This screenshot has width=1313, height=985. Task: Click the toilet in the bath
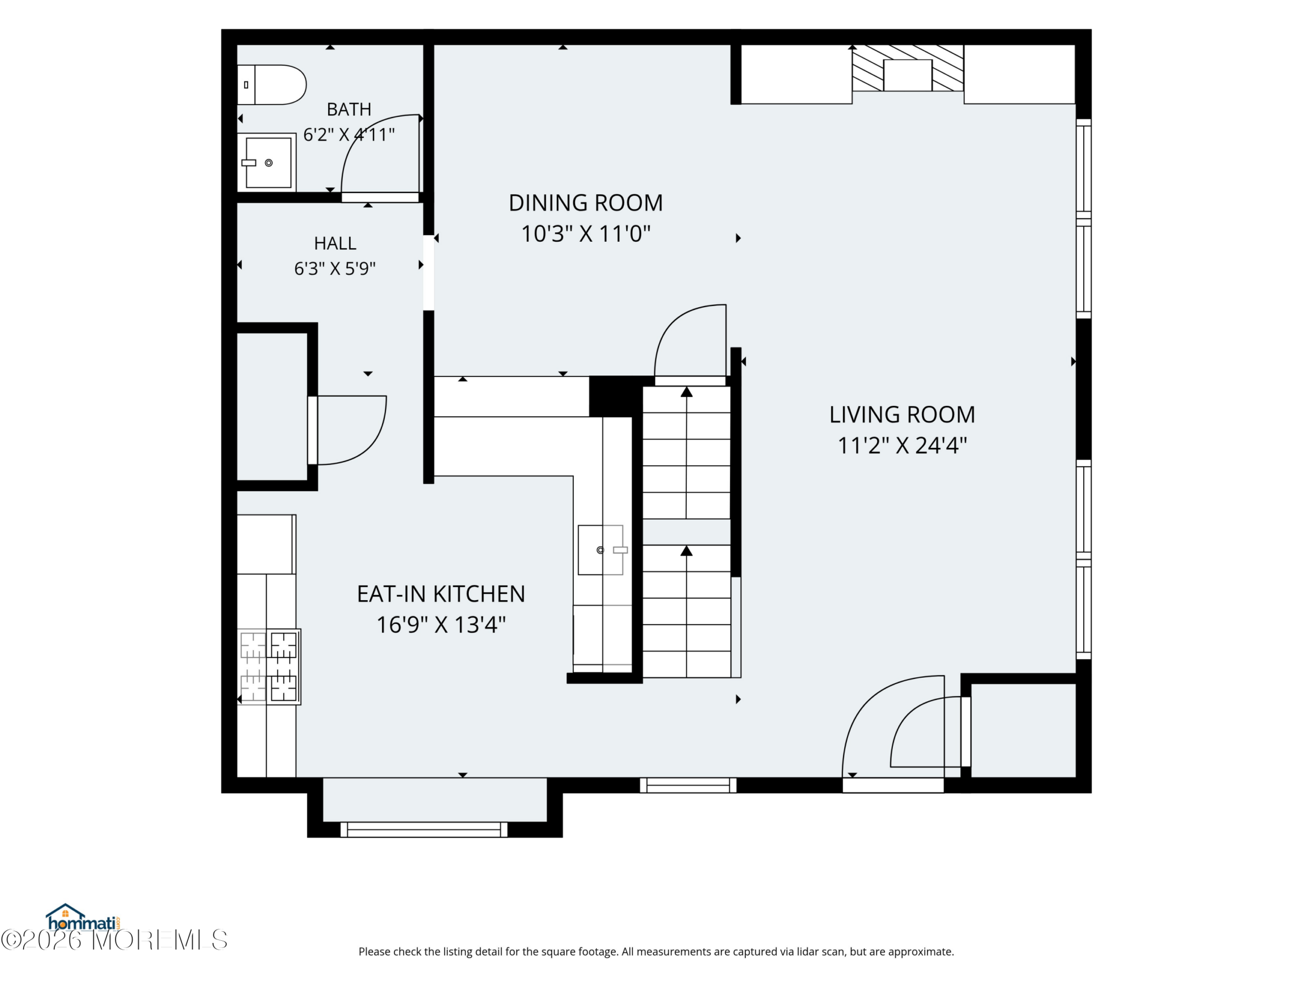(271, 85)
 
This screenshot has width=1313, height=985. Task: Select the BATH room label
(349, 109)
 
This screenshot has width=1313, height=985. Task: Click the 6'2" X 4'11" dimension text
(349, 135)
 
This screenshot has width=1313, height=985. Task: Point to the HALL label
(335, 244)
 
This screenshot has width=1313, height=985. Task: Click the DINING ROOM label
(586, 203)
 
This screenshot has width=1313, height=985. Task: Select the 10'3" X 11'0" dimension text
(586, 234)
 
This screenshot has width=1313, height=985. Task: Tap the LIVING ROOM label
(902, 415)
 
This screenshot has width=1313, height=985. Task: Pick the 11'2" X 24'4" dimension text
(902, 445)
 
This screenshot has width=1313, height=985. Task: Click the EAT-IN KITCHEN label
(441, 594)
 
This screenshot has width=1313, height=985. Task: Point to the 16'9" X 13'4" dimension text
(441, 625)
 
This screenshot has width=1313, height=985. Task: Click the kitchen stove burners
(269, 667)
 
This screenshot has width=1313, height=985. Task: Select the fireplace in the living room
(908, 68)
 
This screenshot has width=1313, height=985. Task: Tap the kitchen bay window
(424, 830)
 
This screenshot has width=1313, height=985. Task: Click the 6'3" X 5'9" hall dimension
(335, 269)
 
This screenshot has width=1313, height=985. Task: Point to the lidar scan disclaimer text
(656, 952)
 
